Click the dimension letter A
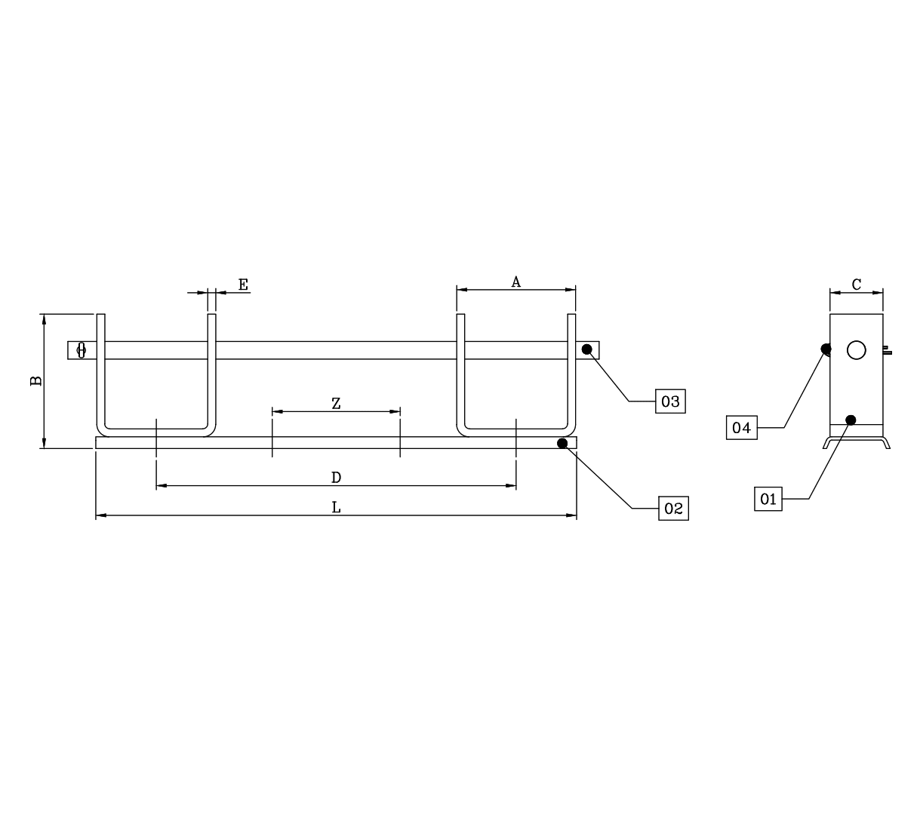pos(515,282)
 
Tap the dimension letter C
pos(857,284)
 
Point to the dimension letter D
pos(336,478)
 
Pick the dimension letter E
pos(243,284)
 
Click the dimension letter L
pos(336,507)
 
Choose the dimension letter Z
pos(336,404)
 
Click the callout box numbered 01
pos(768,499)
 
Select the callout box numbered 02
pos(673,508)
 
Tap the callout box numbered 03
pos(670,401)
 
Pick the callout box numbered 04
pos(741,428)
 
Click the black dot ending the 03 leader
pos(586,349)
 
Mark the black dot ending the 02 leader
pos(562,443)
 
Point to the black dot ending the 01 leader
pos(851,420)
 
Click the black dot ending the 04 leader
pos(826,349)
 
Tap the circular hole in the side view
pos(857,350)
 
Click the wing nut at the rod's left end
pos(82,350)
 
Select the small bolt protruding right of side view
pos(887,350)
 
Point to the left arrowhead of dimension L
pos(101,515)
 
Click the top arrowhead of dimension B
pos(44,319)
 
